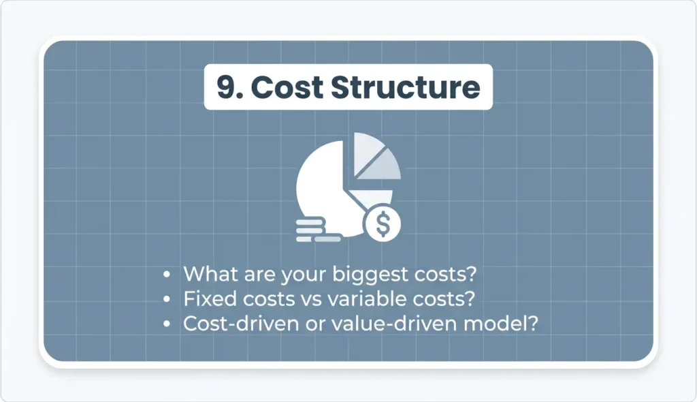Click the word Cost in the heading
tap(287, 87)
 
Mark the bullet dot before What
tap(167, 275)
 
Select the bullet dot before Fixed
tap(167, 300)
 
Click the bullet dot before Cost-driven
tap(167, 324)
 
